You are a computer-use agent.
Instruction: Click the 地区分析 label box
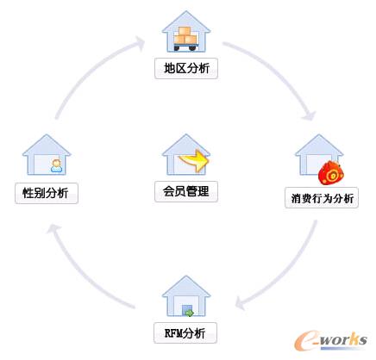tap(186, 68)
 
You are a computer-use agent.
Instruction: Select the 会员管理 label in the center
tap(186, 191)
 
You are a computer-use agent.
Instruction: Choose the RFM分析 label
tap(186, 332)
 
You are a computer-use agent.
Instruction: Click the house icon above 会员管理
tap(185, 155)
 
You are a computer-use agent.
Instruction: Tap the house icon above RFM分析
tap(186, 297)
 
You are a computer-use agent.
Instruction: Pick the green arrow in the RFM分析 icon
tap(189, 313)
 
